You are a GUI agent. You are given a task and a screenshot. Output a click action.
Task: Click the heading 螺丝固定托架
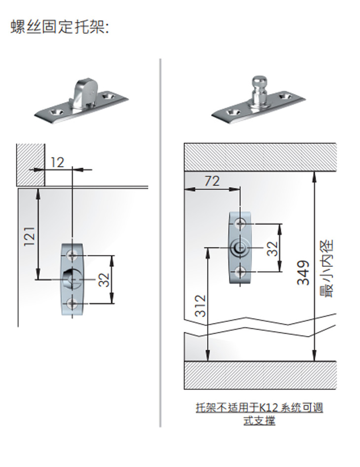point(60,27)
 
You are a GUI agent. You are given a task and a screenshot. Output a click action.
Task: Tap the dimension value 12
point(57,162)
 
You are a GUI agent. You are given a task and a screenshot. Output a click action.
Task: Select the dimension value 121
point(30,237)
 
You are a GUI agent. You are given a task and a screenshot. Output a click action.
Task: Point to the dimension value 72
point(212,181)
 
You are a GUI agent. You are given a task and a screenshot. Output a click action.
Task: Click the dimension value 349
point(303,273)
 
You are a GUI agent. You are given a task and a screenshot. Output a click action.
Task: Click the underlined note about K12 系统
point(259,414)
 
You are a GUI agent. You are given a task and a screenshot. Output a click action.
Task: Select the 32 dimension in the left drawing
point(104,280)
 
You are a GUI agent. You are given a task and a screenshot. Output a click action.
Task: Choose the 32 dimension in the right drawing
point(272,249)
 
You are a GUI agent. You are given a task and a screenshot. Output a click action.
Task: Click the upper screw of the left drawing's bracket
point(72,255)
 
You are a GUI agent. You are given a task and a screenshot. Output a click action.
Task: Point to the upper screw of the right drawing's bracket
point(240,223)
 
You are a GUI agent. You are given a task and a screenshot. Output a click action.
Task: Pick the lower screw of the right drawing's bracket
point(240,271)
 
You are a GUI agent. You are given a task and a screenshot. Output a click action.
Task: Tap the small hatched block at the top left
point(31,165)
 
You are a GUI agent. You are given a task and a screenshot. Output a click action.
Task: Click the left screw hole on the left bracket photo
point(56,112)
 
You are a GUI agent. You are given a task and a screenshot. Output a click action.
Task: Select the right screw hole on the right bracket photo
point(285,96)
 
